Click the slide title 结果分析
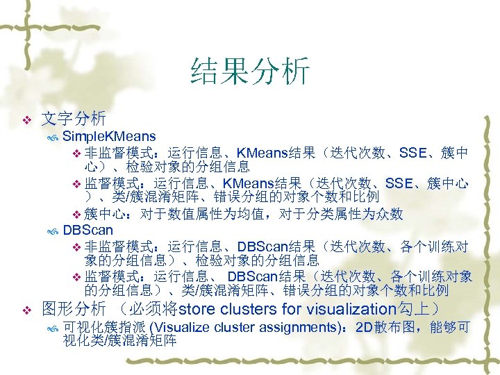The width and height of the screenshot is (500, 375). tap(249, 72)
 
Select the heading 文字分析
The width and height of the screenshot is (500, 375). tap(74, 118)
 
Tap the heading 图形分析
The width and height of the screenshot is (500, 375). tap(74, 308)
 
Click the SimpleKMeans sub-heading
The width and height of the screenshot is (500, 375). tap(109, 135)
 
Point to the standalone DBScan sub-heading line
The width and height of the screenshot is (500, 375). tap(87, 229)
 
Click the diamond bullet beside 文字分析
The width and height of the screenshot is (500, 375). tap(26, 119)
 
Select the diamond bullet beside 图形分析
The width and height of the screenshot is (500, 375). tap(26, 310)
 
